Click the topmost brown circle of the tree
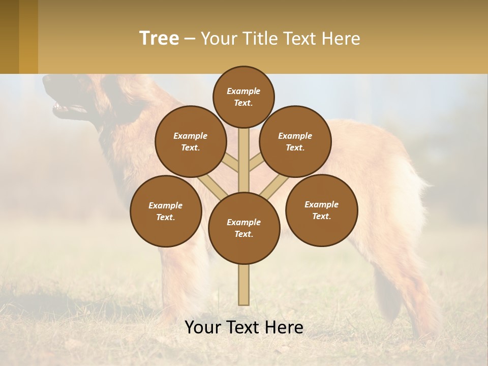click(x=243, y=97)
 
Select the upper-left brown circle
click(x=191, y=141)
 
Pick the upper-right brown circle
click(x=295, y=141)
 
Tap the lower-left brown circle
click(x=166, y=211)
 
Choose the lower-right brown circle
click(x=322, y=210)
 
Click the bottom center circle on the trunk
click(x=244, y=228)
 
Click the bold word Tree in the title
click(x=159, y=38)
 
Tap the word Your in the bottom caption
click(x=202, y=327)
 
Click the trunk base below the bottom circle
click(x=244, y=285)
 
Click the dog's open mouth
click(x=64, y=108)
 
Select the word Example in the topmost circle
click(x=243, y=91)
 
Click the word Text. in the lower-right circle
click(x=321, y=216)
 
